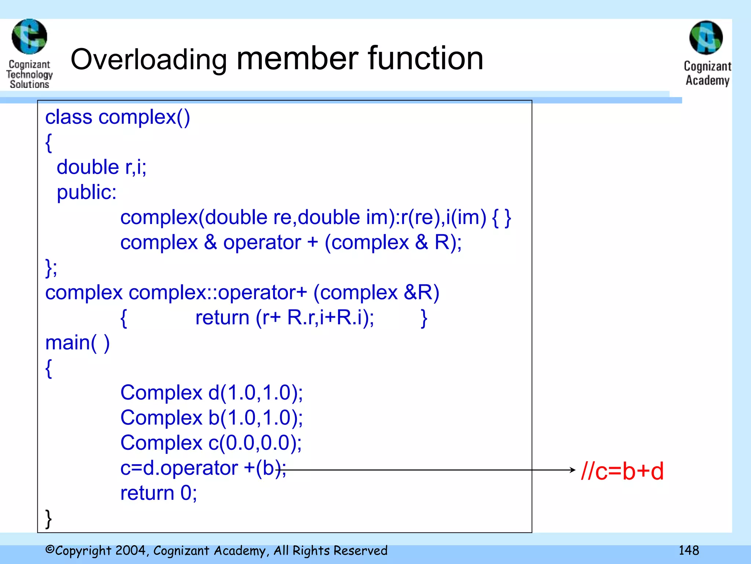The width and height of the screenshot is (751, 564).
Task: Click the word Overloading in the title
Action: (x=149, y=60)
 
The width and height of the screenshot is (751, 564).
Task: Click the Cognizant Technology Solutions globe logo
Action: (x=29, y=37)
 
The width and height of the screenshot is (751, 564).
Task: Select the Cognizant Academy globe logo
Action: (x=706, y=38)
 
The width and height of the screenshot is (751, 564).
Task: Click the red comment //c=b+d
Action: (x=622, y=471)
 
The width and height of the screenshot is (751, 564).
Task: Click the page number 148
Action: (x=689, y=550)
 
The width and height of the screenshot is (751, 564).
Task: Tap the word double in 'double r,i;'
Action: (x=88, y=167)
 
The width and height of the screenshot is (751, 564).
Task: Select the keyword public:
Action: (x=87, y=192)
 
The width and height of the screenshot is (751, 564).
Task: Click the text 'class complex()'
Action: (x=117, y=117)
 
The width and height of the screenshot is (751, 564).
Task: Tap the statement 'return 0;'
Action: (x=158, y=493)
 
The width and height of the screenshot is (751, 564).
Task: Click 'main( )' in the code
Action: (x=77, y=343)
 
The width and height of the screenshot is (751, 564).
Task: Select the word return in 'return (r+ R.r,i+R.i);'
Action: (x=222, y=318)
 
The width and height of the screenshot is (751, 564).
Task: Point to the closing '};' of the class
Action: (x=51, y=268)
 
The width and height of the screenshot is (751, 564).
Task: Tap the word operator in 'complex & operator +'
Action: (x=262, y=243)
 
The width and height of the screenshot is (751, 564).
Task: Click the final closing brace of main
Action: (x=48, y=518)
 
